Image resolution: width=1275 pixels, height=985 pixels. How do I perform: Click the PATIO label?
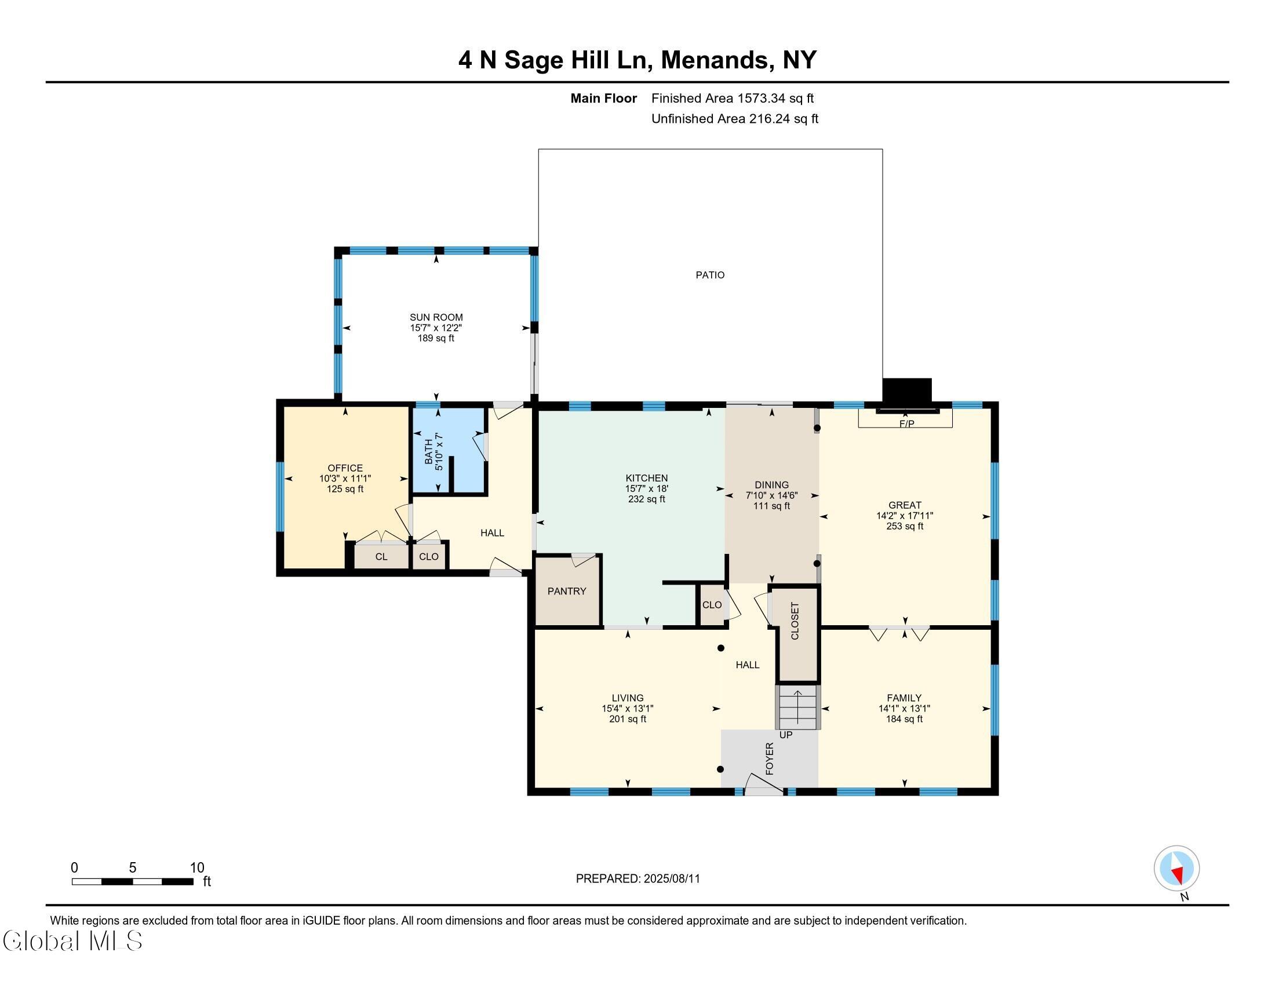tap(710, 275)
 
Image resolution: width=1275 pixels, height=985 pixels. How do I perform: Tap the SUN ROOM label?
tap(436, 318)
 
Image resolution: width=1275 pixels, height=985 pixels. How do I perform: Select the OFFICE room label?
tap(345, 468)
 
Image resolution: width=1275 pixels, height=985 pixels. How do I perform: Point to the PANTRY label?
tap(567, 591)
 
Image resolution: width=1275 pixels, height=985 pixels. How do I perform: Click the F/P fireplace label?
tap(906, 424)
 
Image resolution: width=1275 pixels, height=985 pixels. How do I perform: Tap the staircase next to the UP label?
tap(797, 708)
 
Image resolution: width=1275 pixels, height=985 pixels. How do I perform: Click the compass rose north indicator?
tap(1177, 868)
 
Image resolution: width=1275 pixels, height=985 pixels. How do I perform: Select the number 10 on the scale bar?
tap(197, 868)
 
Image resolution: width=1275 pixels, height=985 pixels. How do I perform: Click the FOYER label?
tap(770, 758)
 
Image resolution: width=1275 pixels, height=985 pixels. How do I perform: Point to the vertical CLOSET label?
tap(795, 621)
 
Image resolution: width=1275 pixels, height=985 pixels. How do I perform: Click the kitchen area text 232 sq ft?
tap(647, 499)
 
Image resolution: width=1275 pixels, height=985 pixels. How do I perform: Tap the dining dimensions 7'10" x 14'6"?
tap(772, 495)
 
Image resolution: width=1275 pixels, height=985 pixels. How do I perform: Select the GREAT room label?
tap(905, 505)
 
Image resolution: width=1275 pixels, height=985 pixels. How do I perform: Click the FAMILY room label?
tap(904, 698)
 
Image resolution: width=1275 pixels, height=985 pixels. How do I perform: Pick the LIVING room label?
tap(628, 698)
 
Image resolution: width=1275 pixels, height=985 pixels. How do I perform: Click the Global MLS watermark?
tap(72, 940)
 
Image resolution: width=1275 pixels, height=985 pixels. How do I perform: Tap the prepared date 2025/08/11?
tap(671, 879)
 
